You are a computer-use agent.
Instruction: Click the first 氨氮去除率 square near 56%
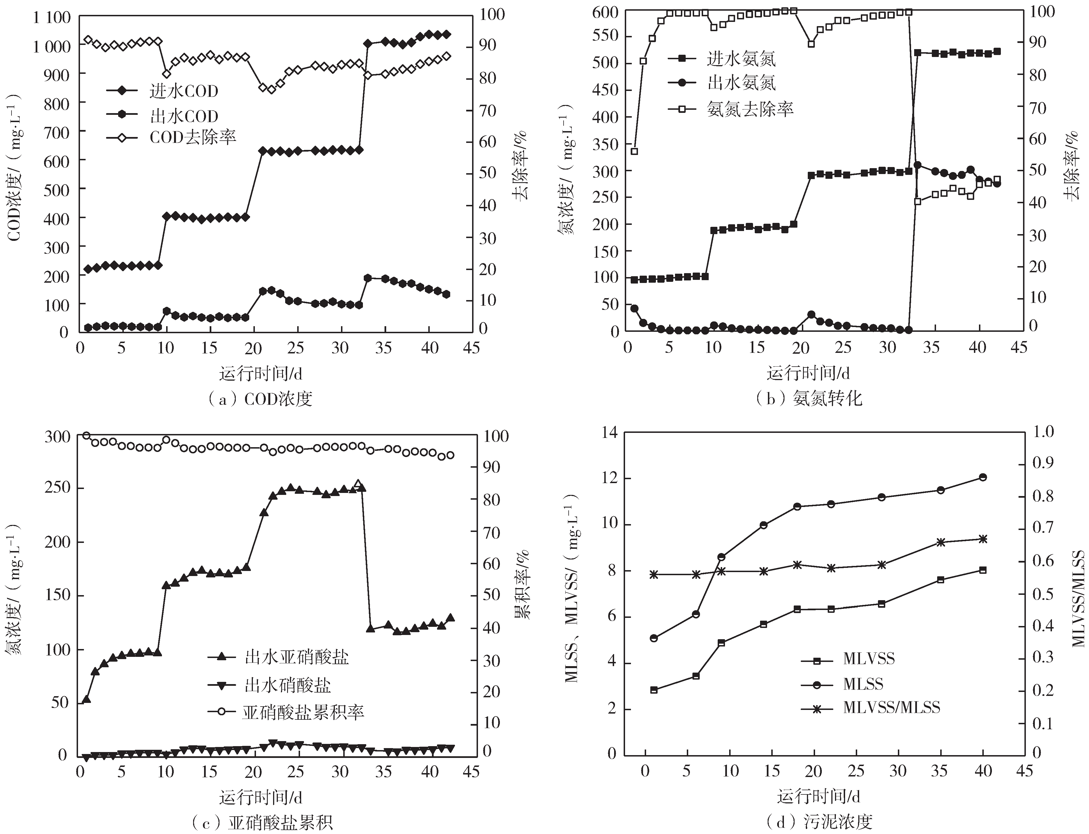pos(634,151)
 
